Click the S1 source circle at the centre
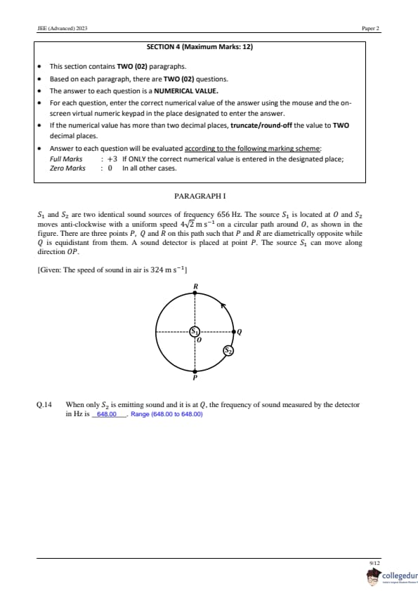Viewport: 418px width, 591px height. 195,332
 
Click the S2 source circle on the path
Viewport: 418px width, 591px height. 228,350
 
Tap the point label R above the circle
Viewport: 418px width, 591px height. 195,286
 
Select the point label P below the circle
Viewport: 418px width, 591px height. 195,378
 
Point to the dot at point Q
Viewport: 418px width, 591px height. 234,332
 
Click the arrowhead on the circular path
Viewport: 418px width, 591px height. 223,305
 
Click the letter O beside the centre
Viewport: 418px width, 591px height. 200,340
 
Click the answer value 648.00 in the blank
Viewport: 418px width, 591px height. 107,414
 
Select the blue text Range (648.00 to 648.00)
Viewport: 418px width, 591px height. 166,414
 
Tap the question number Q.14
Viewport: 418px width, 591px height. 44,405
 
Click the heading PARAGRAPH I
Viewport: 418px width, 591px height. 200,196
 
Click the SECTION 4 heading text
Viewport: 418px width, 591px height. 200,47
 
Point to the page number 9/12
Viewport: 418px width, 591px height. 375,563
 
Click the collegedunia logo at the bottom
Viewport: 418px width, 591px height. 392,577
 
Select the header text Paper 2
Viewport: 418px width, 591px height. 370,28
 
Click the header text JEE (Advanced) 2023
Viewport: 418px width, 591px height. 63,28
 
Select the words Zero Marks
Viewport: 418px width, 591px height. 67,168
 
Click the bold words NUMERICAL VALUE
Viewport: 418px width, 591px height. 186,91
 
